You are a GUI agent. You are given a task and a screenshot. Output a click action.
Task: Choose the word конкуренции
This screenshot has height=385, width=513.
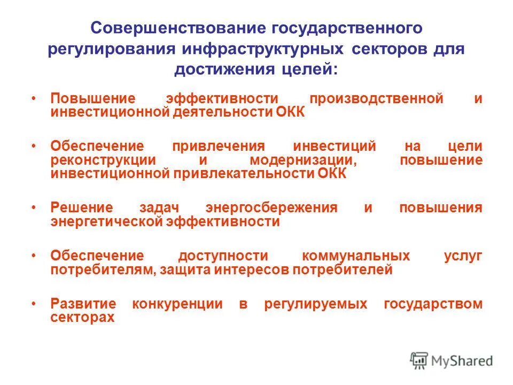tap(177, 304)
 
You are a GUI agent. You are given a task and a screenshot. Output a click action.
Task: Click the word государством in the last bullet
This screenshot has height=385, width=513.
tap(433, 304)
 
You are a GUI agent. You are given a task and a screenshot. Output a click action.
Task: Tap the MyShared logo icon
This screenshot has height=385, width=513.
tap(419, 360)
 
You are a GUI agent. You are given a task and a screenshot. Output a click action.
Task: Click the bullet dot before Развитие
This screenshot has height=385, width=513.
tap(34, 303)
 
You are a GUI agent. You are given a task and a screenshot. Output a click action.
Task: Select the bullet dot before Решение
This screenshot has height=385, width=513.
tap(34, 207)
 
